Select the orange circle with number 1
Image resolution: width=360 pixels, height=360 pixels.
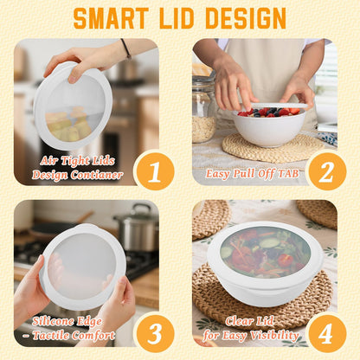[154, 170]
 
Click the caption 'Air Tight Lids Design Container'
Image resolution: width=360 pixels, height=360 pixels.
[80, 167]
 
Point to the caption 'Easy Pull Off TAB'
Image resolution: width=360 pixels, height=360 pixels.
[253, 173]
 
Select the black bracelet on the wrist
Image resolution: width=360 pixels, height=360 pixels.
[126, 48]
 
